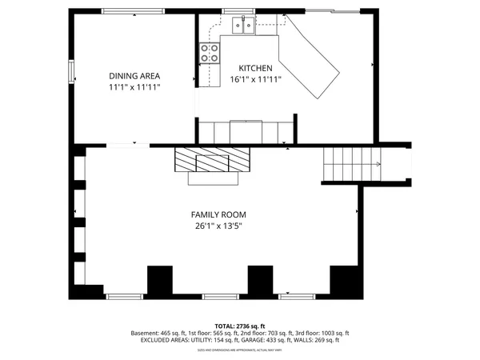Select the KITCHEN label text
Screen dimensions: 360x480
(256, 69)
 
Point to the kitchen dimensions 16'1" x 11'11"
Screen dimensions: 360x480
(256, 79)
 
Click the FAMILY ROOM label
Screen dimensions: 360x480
(218, 214)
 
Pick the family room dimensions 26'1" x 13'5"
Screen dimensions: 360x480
(218, 226)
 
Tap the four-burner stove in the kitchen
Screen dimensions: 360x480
(210, 53)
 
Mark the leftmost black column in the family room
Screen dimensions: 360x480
(160, 280)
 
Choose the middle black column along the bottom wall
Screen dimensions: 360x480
(259, 280)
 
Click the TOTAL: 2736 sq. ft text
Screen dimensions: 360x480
(240, 326)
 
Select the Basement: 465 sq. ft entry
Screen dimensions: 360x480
(157, 334)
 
